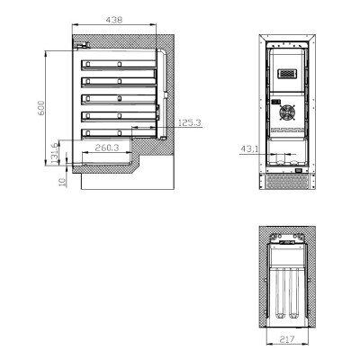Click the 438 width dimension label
coord(114,20)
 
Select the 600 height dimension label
coord(41,108)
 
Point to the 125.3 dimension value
coord(190,122)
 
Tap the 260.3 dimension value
coord(107,148)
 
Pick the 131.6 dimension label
coord(54,153)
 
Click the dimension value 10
coord(62,182)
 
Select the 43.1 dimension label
coord(249,148)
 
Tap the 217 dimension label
coord(287,339)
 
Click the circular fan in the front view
coord(287,112)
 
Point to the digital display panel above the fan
coord(287,74)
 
